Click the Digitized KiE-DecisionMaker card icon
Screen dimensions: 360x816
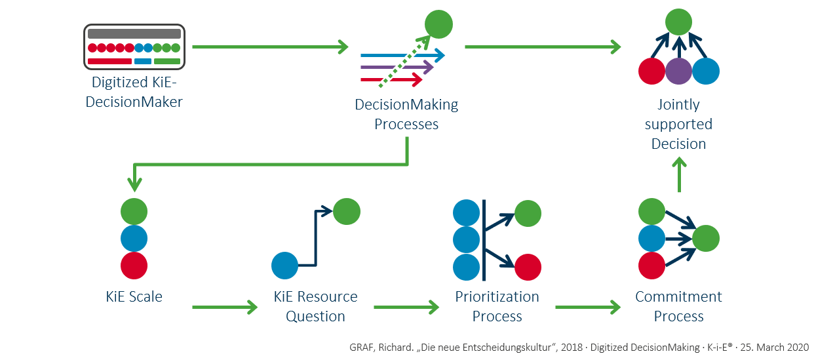pyautogui.click(x=134, y=47)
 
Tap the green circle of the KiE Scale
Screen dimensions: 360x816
pyautogui.click(x=134, y=212)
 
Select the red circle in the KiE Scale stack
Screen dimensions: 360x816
pyautogui.click(x=134, y=266)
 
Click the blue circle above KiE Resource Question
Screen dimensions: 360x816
pyautogui.click(x=285, y=266)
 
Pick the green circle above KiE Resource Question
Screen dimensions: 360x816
pyautogui.click(x=347, y=211)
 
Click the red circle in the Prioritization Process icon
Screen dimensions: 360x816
pyautogui.click(x=528, y=267)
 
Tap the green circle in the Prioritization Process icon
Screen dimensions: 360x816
pyautogui.click(x=528, y=213)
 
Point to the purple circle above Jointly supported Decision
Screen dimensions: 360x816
pyautogui.click(x=678, y=71)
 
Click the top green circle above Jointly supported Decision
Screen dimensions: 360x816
pyautogui.click(x=678, y=22)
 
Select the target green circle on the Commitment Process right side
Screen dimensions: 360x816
pyautogui.click(x=706, y=239)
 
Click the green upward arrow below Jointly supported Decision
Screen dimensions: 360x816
pyautogui.click(x=679, y=176)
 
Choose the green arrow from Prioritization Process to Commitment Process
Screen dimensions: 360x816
pyautogui.click(x=587, y=306)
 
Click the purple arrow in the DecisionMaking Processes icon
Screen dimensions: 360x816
pyautogui.click(x=397, y=67)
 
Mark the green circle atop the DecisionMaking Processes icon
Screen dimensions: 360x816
pyautogui.click(x=438, y=25)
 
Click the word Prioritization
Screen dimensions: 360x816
pyautogui.click(x=497, y=297)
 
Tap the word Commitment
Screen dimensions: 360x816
pyautogui.click(x=678, y=297)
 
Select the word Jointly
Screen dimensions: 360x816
pyautogui.click(x=678, y=105)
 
